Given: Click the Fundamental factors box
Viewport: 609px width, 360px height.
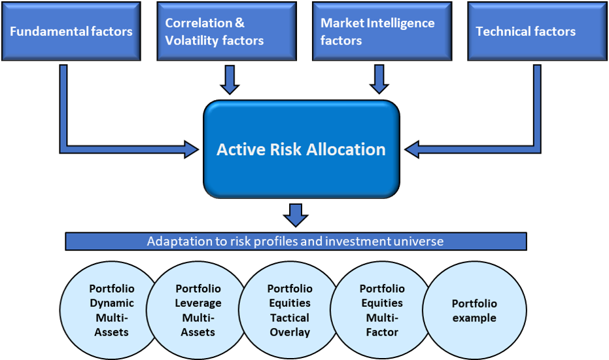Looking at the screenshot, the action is coord(71,31).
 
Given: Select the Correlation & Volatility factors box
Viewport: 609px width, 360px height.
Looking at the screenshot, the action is coord(227,31).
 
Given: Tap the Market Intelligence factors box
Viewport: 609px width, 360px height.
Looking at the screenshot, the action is coord(382,31).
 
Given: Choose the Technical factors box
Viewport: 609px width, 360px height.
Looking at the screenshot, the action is coord(537,31).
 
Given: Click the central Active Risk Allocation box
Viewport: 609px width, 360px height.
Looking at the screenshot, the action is coord(302,149).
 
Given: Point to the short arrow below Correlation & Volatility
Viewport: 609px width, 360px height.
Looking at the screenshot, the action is coord(230,80).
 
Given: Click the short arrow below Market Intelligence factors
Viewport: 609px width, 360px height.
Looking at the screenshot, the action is coord(379,80).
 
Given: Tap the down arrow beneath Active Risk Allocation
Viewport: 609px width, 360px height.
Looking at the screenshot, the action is coord(296,215).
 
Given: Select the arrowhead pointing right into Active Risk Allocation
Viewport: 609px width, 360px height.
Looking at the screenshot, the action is coord(191,149).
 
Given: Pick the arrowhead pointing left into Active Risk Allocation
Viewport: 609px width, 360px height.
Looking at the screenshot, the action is coord(411,149).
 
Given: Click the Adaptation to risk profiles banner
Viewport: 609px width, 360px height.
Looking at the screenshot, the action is coord(296,242).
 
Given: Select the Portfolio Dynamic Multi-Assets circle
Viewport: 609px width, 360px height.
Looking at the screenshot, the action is coord(109,310).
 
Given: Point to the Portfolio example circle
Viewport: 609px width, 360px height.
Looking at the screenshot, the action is coord(475,310).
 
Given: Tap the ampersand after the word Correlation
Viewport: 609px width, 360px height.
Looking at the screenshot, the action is coord(239,23).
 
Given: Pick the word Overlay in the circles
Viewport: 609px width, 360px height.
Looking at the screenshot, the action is coord(290,333).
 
